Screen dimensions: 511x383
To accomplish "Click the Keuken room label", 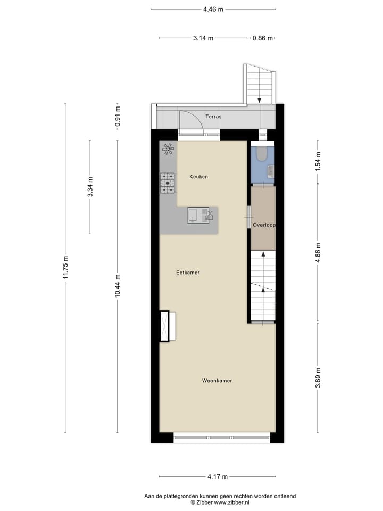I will (199, 177).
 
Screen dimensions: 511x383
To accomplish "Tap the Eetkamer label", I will (188, 273).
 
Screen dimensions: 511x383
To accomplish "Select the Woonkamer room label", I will (217, 381).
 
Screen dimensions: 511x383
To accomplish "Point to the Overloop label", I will (264, 225).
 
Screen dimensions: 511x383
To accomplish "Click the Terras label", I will (213, 116).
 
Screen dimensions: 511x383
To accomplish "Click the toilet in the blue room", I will (261, 154).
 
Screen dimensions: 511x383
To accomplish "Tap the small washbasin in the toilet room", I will (271, 171).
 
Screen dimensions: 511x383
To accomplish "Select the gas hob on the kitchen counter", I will (168, 183).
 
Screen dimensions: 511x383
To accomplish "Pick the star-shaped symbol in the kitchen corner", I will (168, 150).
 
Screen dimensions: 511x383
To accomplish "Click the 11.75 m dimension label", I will (65, 268).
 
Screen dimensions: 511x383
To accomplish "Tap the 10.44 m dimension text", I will (118, 286).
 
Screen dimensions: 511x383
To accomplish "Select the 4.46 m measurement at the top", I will (213, 9).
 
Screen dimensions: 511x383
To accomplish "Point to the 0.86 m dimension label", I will (262, 38).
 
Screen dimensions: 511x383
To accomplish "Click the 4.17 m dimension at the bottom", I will (217, 477).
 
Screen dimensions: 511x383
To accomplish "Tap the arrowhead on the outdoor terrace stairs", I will (259, 100).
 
